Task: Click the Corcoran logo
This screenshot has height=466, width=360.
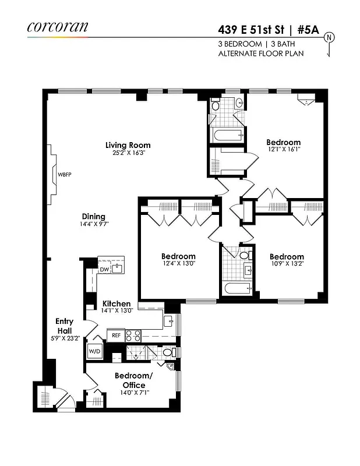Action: [x=57, y=26]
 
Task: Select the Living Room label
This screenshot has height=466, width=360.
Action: [x=128, y=145]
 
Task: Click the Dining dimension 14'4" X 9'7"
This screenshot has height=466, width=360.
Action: [x=95, y=224]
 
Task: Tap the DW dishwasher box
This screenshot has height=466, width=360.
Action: [x=104, y=269]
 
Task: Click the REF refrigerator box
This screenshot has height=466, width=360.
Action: [x=115, y=336]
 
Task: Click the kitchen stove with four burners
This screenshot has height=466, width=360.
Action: [x=133, y=336]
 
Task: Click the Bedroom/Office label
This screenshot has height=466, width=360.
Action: [x=133, y=380]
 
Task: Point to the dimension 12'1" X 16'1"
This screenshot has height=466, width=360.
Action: [x=283, y=150]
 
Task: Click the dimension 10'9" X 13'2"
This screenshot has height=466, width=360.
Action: [x=287, y=264]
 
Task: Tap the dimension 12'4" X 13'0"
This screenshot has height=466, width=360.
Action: [x=178, y=264]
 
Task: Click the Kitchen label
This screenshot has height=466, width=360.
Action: [x=117, y=303]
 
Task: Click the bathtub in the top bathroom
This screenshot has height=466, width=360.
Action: [x=225, y=137]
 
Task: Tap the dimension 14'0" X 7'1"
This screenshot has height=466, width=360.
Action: [x=133, y=392]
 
